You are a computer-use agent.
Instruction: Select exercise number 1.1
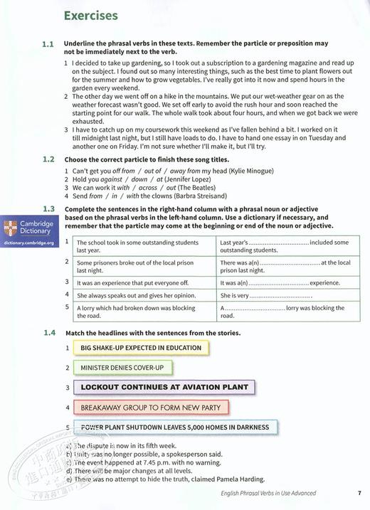48,44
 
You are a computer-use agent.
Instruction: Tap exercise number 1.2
48,159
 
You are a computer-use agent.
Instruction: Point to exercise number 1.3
48,208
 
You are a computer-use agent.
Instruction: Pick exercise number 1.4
48,333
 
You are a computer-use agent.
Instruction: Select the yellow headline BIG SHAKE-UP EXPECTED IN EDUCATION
141,348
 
